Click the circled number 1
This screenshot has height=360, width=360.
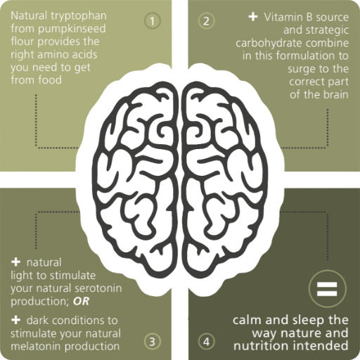(x=153, y=21)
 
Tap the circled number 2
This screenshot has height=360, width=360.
(x=206, y=21)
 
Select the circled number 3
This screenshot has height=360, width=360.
(x=153, y=342)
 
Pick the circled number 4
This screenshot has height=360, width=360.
(x=206, y=342)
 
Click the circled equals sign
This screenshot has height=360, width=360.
(x=327, y=288)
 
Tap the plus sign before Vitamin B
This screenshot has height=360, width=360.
(x=253, y=17)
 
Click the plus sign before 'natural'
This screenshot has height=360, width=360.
(x=15, y=262)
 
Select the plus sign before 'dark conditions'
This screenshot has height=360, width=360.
(x=15, y=320)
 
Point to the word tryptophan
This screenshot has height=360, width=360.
(x=79, y=17)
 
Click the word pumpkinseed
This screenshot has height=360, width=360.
(x=72, y=30)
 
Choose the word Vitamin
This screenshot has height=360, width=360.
(x=280, y=18)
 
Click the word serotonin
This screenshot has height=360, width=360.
(x=96, y=288)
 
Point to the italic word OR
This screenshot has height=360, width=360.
(x=81, y=302)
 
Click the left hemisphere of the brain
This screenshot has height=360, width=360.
(x=134, y=178)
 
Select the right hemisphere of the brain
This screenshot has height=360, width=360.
(x=224, y=178)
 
